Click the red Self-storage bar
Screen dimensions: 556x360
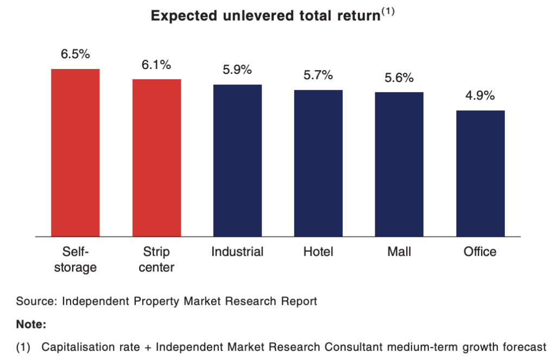coord(75,153)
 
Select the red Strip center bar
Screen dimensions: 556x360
coord(157,158)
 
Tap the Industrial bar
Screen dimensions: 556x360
coord(238,160)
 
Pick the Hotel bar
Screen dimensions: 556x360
coord(318,163)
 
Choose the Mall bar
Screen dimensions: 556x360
coord(399,164)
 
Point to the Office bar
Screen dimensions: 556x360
coord(481,173)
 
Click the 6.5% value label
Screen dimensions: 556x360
coord(75,54)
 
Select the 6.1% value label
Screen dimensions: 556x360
coord(156,65)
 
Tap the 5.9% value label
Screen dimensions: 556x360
coord(237,70)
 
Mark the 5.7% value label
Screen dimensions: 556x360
coord(318,75)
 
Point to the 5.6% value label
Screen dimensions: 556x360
coord(399,77)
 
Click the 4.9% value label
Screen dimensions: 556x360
coord(480,96)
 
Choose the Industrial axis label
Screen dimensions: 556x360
coord(237,251)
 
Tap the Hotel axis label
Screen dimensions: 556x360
coord(318,251)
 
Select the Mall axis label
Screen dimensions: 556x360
coord(399,251)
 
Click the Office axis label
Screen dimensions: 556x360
coord(480,251)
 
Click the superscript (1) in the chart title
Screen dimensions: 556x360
coord(388,11)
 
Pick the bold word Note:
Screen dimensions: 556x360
coord(31,324)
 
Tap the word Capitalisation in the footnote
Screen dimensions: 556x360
coord(91,347)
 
